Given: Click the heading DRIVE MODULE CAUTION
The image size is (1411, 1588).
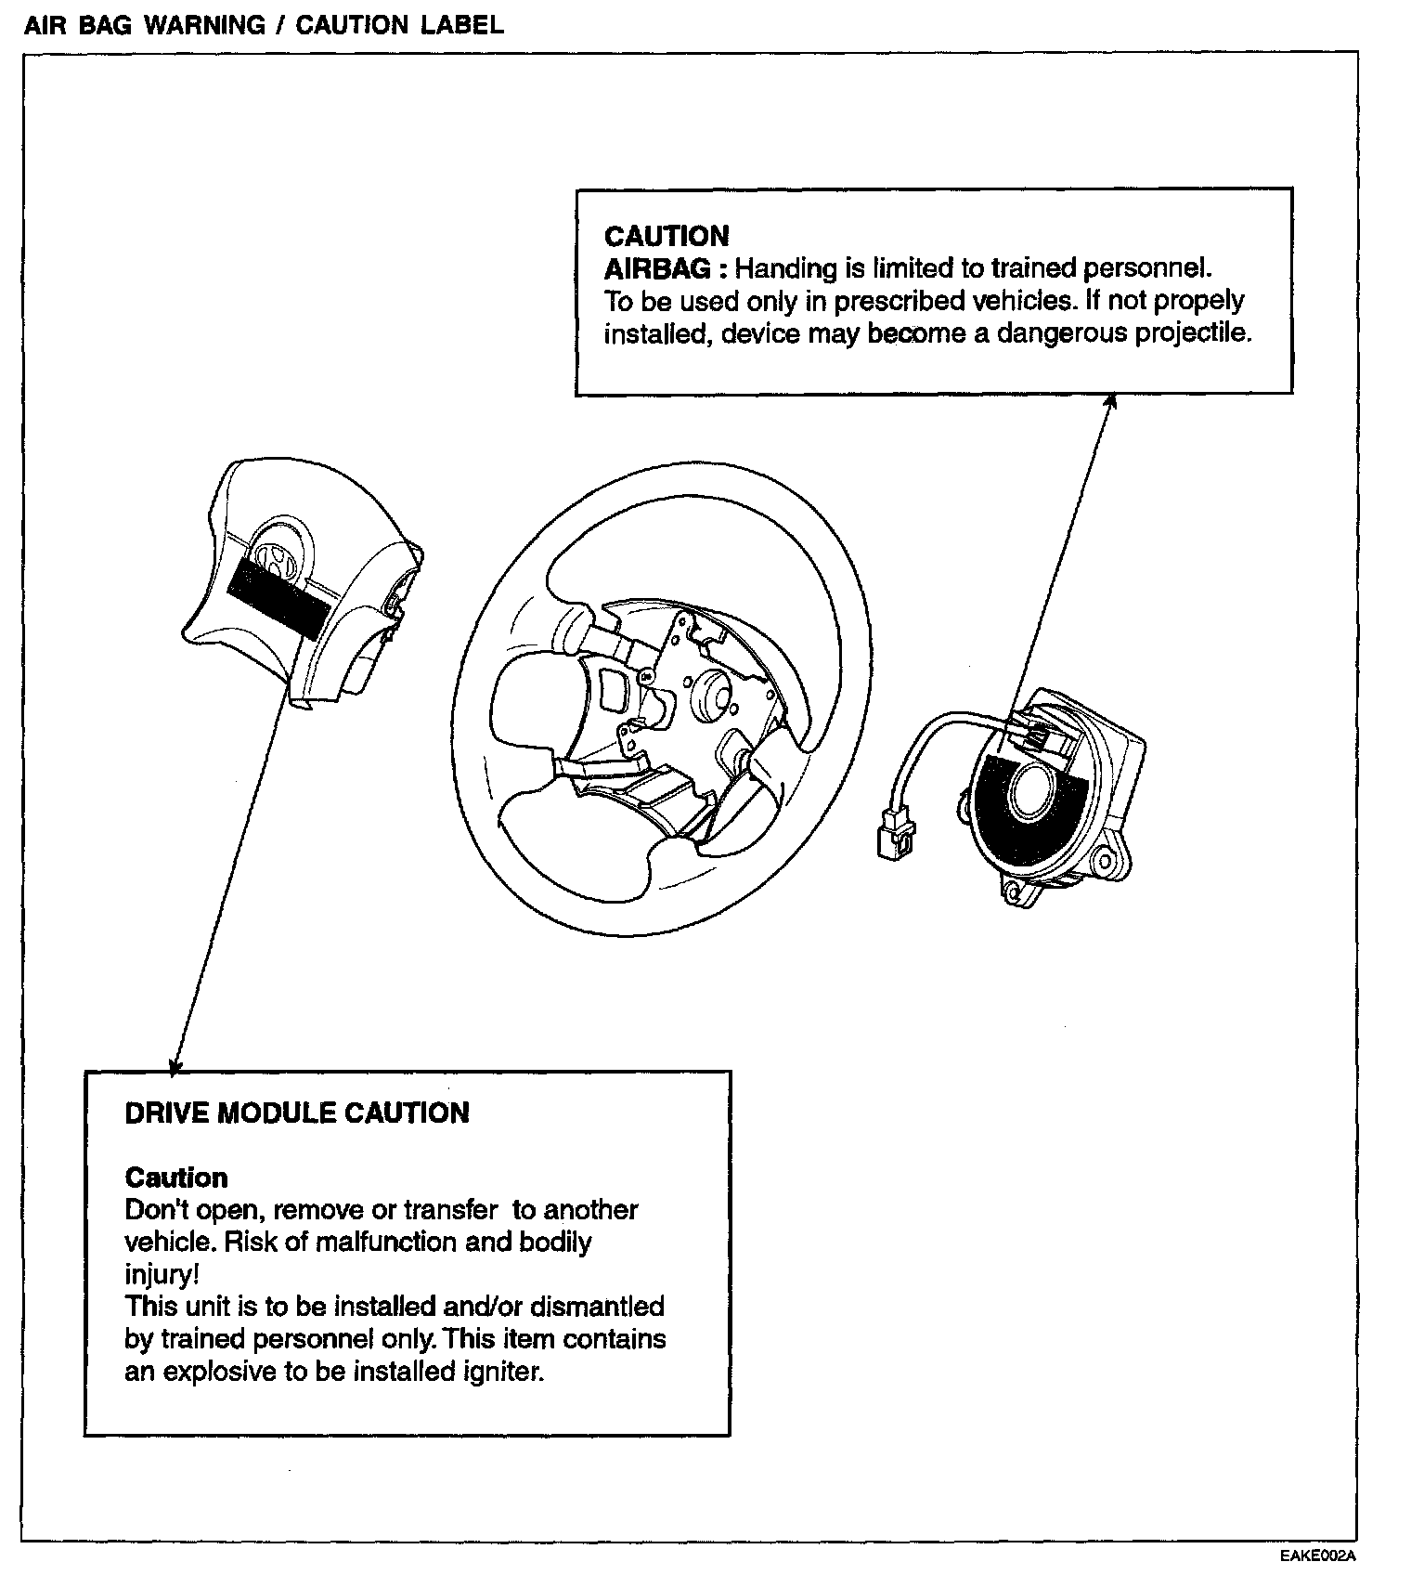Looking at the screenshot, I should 297,1113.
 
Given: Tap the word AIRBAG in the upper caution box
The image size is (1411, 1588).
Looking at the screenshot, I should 658,268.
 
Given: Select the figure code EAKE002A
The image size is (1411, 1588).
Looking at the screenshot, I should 1317,1556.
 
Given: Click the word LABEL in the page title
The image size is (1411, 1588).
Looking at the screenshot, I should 462,25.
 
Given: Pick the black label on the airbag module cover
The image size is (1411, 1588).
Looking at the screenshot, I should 278,596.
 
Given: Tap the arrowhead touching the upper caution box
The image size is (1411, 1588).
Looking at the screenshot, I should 1110,400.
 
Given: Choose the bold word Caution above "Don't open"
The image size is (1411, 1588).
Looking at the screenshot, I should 176,1178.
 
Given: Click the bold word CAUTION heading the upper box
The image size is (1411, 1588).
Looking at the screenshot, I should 667,236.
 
